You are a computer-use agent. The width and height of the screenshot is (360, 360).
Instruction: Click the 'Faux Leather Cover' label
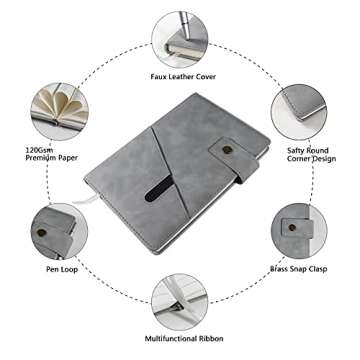pos(183,77)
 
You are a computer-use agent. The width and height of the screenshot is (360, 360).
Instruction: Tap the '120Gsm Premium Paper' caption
pos(52,154)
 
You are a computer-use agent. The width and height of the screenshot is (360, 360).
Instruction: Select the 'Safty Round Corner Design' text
pos(311,155)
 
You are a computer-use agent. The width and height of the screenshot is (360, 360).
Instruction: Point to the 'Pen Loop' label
pos(62,269)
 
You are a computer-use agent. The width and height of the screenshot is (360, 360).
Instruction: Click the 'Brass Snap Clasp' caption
pos(298,268)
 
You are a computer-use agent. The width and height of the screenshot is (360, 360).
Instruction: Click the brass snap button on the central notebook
pos(227,150)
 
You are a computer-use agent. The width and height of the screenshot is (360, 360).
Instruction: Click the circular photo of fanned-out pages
pos(60,111)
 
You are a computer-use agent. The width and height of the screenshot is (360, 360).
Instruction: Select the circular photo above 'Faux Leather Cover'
pos(180,40)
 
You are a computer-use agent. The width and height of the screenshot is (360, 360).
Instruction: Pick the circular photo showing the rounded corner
pos(299,112)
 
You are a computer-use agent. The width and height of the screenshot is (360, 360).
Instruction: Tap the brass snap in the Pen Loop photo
pos(41,232)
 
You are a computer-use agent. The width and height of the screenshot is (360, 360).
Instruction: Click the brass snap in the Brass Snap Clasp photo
pos(292,227)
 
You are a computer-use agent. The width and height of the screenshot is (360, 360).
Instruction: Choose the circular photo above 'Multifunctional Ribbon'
pos(180,302)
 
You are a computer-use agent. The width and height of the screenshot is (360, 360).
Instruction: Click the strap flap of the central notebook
pos(233,159)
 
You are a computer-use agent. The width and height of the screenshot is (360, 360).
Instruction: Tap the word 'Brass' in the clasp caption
pos(279,268)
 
